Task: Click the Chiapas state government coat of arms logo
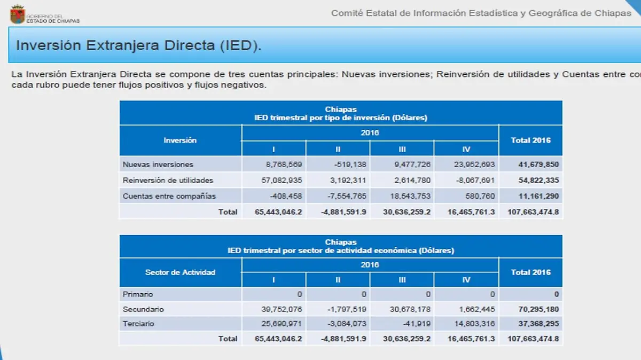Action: [x=18, y=13]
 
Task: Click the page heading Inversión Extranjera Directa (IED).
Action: [x=139, y=45]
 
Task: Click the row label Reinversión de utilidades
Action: [x=168, y=180]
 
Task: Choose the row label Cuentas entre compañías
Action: [x=169, y=196]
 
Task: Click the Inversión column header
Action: [x=180, y=140]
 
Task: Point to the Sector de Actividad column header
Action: [x=180, y=272]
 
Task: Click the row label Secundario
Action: [x=143, y=309]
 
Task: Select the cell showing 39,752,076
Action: [x=280, y=309]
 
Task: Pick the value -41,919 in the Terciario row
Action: [x=417, y=323]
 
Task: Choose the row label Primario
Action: [x=138, y=294]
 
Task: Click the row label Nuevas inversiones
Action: [x=158, y=165]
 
